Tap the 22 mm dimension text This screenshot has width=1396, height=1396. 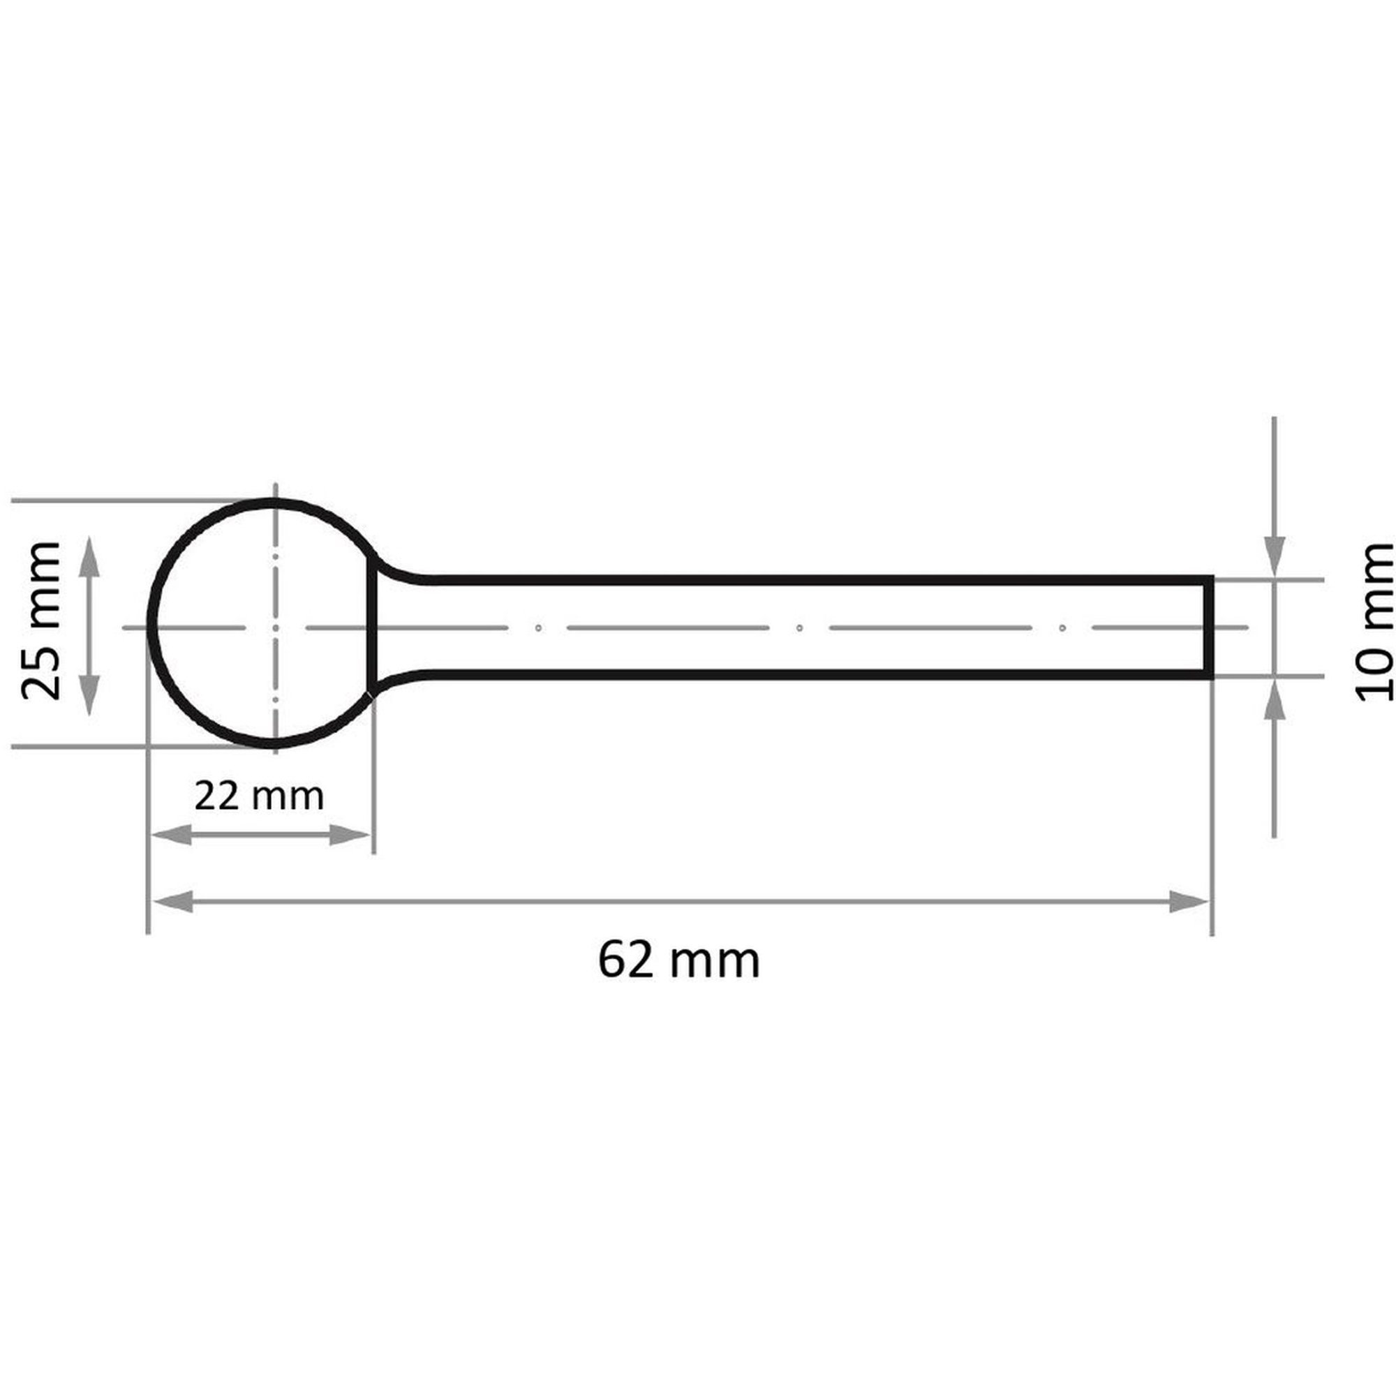[x=259, y=796]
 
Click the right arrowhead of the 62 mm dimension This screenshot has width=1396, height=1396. [x=1189, y=902]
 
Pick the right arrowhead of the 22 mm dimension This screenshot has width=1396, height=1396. [x=350, y=836]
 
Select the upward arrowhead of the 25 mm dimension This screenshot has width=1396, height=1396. [x=88, y=557]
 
